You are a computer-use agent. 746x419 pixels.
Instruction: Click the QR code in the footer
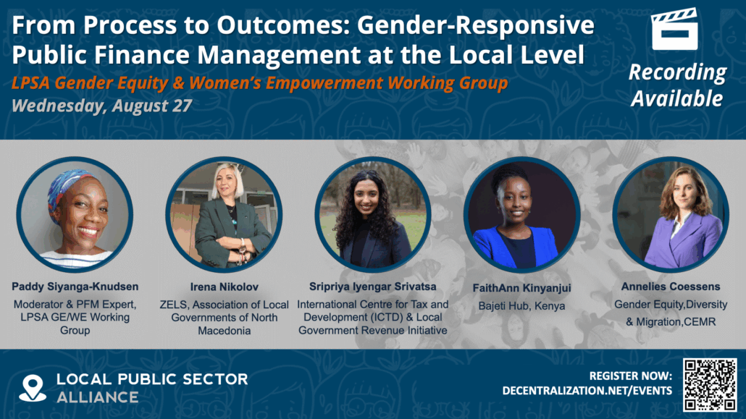tap(710, 384)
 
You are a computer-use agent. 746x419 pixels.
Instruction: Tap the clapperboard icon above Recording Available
tap(674, 30)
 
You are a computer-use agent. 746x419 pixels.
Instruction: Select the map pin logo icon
tap(33, 388)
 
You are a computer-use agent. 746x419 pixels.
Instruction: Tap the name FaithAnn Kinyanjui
tap(521, 288)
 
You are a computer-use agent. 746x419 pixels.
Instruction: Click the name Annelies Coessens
tap(669, 286)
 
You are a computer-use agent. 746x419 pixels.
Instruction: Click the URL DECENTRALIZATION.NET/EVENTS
tap(587, 391)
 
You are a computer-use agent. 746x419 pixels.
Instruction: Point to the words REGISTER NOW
tap(631, 376)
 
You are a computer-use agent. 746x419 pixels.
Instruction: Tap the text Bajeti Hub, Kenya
tap(521, 306)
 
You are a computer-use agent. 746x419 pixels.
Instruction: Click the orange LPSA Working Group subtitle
tap(259, 83)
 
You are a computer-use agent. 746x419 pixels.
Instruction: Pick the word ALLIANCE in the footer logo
tap(99, 397)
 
